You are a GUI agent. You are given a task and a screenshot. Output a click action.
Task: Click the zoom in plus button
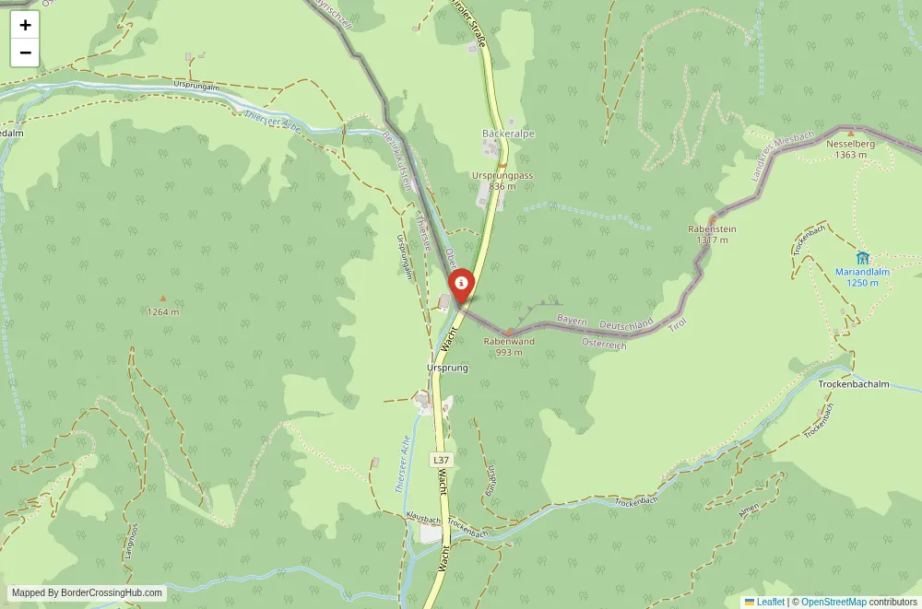[x=25, y=25]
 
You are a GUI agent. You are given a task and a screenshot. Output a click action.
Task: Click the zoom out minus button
[x=25, y=53]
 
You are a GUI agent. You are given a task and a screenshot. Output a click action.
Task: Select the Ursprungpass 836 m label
[x=502, y=180]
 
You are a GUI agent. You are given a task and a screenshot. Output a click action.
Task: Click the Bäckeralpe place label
[x=508, y=134]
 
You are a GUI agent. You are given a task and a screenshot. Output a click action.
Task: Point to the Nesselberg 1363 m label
[x=850, y=149]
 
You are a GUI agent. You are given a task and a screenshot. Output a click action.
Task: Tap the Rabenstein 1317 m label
[x=713, y=234]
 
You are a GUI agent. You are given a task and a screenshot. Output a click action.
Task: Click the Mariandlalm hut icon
[x=862, y=257]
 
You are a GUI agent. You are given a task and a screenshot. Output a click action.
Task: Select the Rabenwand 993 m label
[x=509, y=346]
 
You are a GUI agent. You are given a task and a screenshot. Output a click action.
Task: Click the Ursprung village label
[x=448, y=368]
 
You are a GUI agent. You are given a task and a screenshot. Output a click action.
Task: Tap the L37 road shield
[x=442, y=459]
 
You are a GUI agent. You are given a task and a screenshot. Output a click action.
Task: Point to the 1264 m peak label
[x=163, y=311]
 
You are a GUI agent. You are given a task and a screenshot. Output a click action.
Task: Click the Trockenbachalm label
[x=854, y=384]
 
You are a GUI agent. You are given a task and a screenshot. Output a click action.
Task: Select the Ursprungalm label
[x=194, y=85]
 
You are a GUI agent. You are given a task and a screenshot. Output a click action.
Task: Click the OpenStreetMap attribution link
[x=833, y=602]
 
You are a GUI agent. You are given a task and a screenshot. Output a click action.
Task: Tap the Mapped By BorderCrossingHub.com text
[x=88, y=593]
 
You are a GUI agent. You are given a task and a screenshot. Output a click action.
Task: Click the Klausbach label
[x=423, y=520]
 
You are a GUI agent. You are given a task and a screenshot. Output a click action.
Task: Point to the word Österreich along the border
[x=604, y=344]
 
